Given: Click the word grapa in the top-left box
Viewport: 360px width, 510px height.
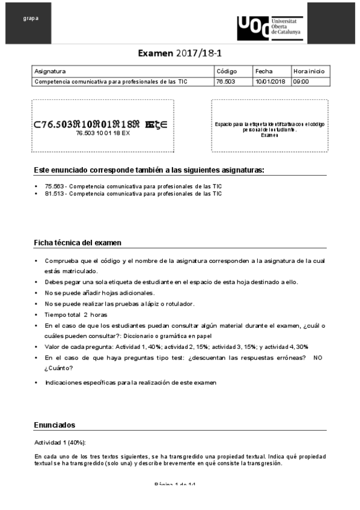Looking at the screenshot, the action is [31, 18].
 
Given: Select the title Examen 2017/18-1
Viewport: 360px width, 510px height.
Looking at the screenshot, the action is [180, 54].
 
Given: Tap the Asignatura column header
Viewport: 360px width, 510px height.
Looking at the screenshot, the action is [50, 71].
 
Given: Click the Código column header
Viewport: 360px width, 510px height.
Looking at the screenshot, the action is [227, 71].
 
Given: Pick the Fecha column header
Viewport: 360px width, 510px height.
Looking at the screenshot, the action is [264, 71].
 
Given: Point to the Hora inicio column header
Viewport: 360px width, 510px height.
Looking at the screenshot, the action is [309, 71].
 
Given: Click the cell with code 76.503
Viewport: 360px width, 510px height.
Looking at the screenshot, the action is [224, 81].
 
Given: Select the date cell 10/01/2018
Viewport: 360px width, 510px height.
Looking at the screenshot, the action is [270, 81].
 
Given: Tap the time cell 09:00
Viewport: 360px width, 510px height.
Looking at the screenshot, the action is [301, 81].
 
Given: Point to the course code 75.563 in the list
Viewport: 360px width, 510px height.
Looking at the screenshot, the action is [53, 186].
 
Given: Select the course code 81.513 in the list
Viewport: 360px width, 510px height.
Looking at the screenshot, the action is [53, 194].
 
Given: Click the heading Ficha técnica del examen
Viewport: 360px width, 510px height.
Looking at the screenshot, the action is [78, 243].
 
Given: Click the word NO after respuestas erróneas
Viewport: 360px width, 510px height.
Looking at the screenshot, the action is [318, 357].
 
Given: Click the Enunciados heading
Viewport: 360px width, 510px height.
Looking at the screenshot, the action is [55, 425].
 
